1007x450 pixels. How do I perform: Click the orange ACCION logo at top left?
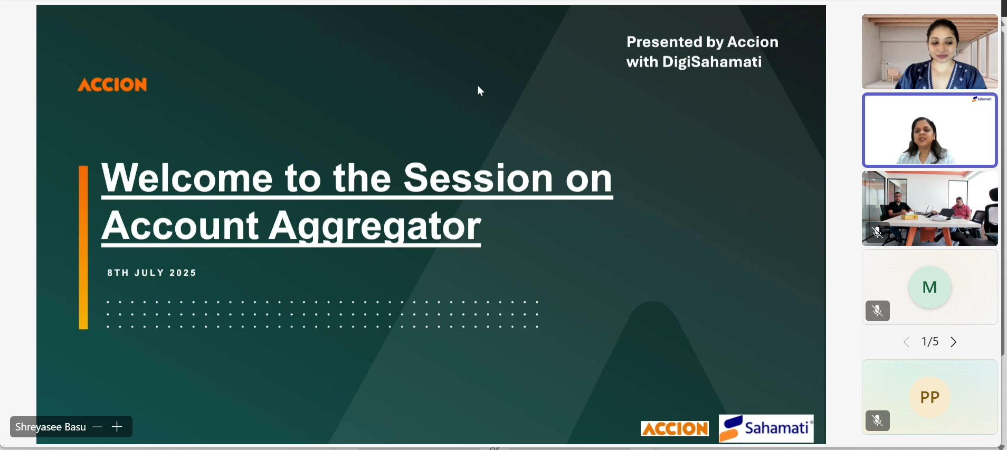(x=112, y=85)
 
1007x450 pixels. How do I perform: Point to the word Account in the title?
(x=180, y=226)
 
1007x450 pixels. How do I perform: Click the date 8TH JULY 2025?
(x=152, y=273)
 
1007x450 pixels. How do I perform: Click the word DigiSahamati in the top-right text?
(x=712, y=62)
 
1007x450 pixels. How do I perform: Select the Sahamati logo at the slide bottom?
(x=766, y=428)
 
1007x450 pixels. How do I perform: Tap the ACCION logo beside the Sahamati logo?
(x=674, y=428)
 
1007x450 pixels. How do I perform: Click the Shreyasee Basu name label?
(x=51, y=427)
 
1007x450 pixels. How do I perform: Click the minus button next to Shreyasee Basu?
(x=97, y=427)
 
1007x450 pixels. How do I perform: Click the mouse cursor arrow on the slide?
(x=480, y=91)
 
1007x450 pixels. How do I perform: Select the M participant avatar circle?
(x=929, y=287)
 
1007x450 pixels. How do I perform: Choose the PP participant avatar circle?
(x=929, y=397)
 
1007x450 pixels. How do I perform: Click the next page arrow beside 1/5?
(x=954, y=342)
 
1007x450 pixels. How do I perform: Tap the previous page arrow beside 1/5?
(x=906, y=342)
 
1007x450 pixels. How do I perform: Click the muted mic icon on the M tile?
(x=878, y=311)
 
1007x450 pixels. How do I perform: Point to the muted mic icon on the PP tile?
(x=878, y=421)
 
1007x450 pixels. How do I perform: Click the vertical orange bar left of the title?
(x=83, y=248)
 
